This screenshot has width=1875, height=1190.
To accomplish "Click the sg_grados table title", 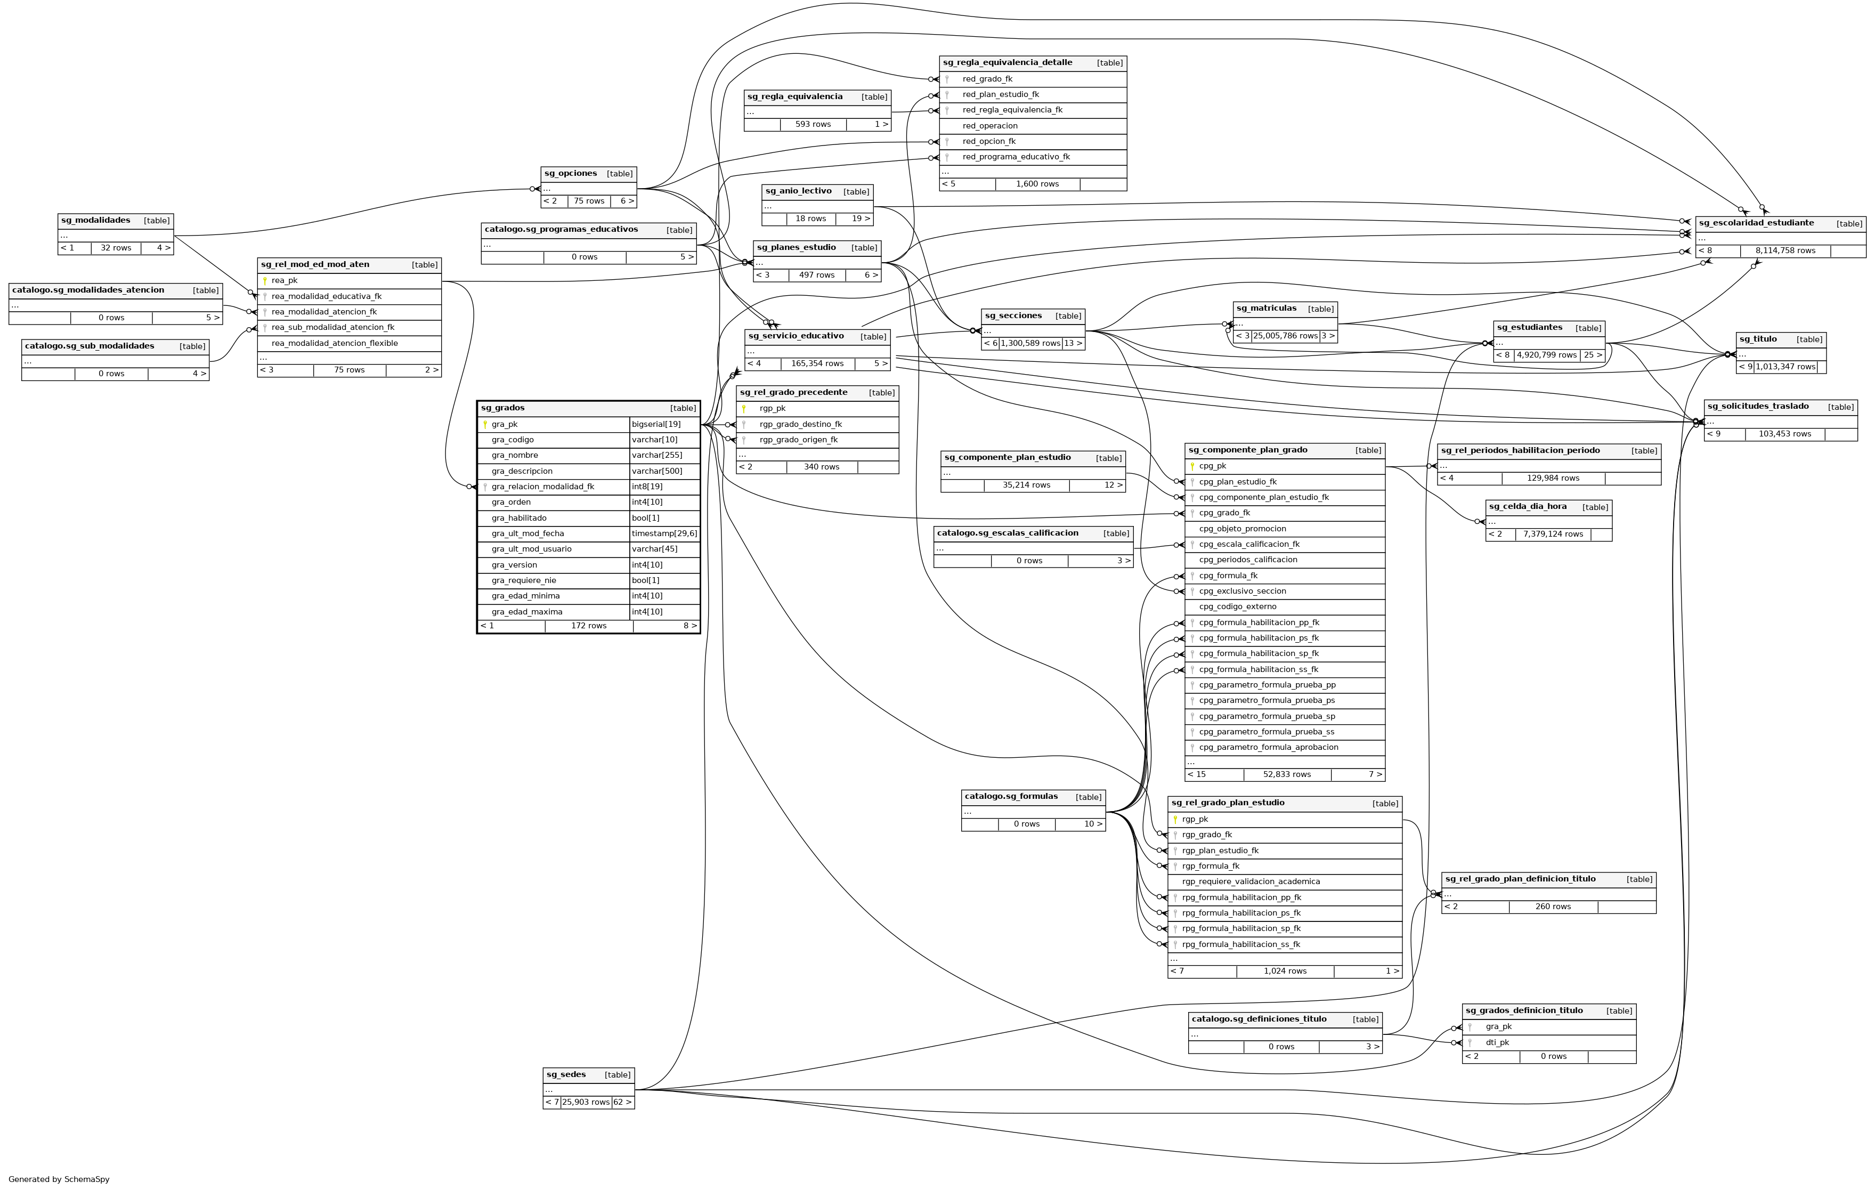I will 503,408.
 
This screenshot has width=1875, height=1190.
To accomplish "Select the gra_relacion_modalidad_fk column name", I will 543,487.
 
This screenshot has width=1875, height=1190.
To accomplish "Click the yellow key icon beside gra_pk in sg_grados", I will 485,424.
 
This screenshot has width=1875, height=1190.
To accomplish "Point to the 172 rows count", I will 589,626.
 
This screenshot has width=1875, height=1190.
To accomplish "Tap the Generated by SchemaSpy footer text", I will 59,1179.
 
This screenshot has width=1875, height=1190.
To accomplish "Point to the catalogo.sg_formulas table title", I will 1011,797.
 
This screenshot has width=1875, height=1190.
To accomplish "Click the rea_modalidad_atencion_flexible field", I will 335,343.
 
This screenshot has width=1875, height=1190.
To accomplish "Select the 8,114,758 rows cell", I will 1784,251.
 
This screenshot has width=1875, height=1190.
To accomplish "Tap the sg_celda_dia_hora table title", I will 1528,507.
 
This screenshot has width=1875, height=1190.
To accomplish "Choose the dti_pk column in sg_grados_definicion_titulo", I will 1497,1043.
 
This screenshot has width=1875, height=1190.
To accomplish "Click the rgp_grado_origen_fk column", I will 798,440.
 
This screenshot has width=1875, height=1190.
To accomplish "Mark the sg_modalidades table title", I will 96,221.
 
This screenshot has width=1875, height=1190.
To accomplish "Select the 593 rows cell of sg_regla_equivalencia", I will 813,125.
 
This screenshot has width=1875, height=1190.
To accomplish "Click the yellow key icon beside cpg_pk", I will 1192,466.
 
